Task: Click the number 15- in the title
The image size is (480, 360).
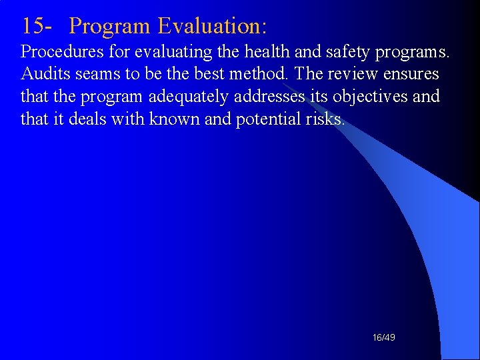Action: pyautogui.click(x=37, y=26)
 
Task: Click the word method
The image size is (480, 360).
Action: pyautogui.click(x=255, y=74)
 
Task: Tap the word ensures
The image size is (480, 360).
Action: pyautogui.click(x=411, y=74)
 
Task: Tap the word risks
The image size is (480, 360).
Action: pyautogui.click(x=327, y=119)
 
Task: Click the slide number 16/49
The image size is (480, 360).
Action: pyautogui.click(x=384, y=338)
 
